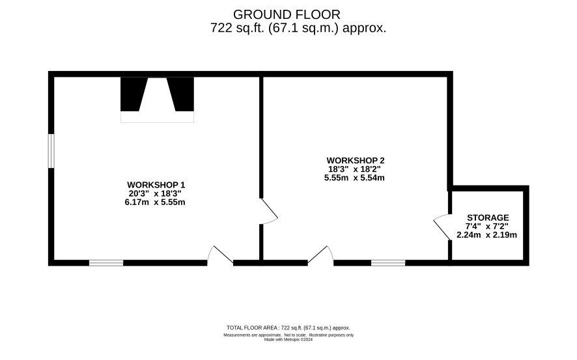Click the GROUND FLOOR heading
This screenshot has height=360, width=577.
[287, 15]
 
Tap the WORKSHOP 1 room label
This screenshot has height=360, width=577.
[156, 185]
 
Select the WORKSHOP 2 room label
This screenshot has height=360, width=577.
[356, 161]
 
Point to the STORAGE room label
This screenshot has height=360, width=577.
[488, 217]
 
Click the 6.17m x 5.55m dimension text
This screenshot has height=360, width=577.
[155, 202]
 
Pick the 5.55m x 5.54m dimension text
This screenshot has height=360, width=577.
[354, 178]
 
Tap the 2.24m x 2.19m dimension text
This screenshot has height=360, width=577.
[487, 235]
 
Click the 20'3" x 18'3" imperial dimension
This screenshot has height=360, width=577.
[155, 193]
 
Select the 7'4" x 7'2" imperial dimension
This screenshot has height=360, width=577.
[487, 226]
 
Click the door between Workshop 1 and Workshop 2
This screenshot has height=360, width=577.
[269, 211]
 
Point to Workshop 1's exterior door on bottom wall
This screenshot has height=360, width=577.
[220, 255]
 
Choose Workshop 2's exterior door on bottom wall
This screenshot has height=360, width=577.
[320, 255]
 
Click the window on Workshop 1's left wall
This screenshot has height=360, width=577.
[51, 151]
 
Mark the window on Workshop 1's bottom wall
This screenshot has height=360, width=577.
[106, 262]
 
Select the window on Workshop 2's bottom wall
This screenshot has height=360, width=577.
[388, 262]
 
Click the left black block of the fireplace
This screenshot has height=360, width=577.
[132, 94]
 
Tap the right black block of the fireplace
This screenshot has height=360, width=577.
[182, 94]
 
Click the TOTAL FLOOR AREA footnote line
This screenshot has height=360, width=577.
[288, 327]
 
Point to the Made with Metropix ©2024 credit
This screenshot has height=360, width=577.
[288, 340]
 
